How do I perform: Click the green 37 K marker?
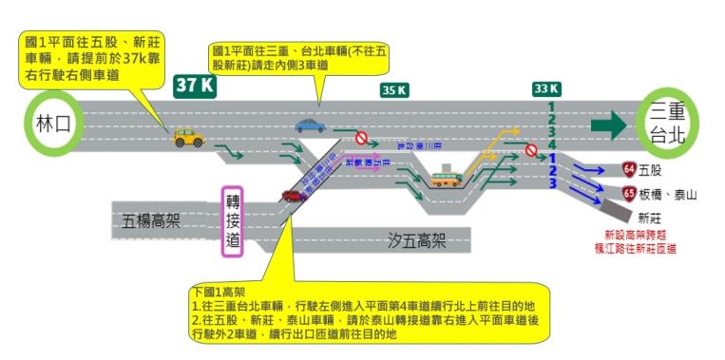196,85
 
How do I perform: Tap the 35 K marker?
394,90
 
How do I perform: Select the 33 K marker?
545,89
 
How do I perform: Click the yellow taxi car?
188,139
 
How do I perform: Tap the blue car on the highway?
310,124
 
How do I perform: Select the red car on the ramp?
292,196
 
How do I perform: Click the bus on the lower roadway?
446,178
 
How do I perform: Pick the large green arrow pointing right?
608,124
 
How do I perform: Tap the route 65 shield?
629,194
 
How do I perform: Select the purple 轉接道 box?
233,221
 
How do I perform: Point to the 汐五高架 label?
417,240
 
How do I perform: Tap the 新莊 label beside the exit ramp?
651,218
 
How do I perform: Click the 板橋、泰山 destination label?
670,194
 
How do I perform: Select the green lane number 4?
550,143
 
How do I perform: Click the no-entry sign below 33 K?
531,150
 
